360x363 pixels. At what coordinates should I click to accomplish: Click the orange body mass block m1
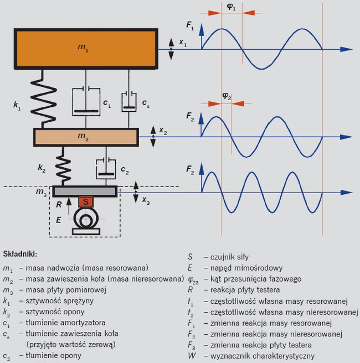coord(86,49)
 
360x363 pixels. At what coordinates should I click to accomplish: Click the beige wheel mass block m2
coord(86,136)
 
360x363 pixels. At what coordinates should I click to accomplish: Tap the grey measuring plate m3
coord(85,191)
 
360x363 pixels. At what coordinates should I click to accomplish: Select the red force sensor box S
coord(85,202)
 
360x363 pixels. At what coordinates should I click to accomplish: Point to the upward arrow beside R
coord(69,206)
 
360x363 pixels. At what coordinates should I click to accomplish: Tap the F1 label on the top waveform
coord(191,25)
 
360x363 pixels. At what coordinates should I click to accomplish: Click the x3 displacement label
coord(146,203)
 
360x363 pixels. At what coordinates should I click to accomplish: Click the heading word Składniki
coord(20,254)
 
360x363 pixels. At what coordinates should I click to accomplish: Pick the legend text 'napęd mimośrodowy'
coord(239,268)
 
